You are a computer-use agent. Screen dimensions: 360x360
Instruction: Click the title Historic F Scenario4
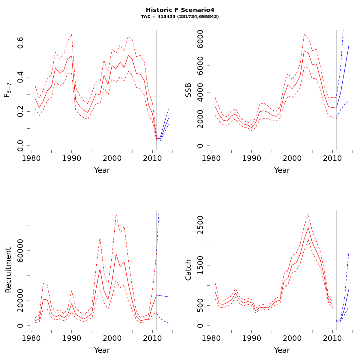point(180,10)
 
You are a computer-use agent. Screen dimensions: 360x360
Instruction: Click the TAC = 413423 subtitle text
point(180,17)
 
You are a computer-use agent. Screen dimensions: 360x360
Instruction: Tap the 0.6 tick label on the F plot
point(20,43)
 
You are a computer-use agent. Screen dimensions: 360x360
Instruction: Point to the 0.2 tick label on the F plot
point(20,111)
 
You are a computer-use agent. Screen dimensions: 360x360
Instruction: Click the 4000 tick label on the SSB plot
point(200,92)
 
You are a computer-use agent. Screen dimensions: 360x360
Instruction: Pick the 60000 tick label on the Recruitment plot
point(20,250)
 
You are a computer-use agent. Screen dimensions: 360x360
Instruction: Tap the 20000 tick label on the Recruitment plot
point(20,301)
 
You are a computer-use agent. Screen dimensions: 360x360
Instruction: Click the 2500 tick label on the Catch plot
point(200,225)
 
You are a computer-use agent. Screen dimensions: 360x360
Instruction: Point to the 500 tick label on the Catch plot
point(200,305)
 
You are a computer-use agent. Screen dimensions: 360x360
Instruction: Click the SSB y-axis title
point(188,90)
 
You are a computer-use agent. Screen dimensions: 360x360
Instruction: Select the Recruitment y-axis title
point(8,270)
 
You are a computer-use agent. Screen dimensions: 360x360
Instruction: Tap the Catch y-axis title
point(188,270)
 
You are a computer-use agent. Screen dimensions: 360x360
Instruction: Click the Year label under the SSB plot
point(282,170)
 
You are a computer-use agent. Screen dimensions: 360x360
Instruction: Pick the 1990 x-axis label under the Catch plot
point(251,338)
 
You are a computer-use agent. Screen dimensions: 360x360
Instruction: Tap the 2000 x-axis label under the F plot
point(112,158)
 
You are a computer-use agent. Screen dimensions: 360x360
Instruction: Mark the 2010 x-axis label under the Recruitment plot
point(152,338)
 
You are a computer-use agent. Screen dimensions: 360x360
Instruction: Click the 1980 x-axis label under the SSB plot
point(211,158)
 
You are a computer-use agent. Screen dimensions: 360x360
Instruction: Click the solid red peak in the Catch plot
point(308,228)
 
